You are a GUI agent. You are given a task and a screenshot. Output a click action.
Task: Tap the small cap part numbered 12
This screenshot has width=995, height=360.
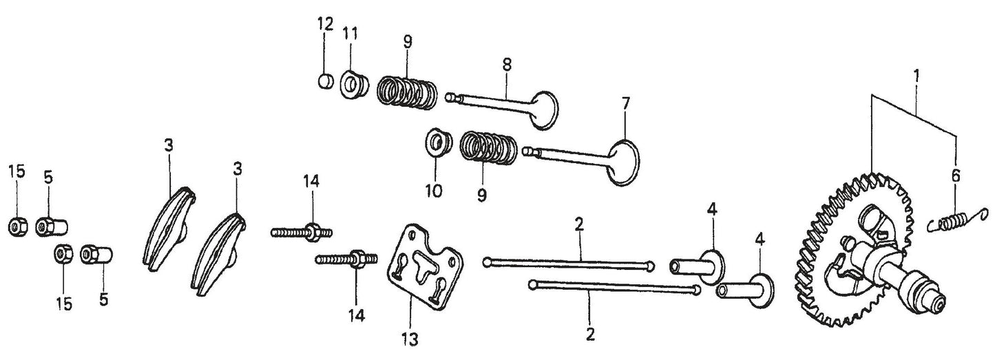(x=325, y=81)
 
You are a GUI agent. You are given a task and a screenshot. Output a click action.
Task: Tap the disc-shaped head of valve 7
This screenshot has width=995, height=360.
(x=624, y=162)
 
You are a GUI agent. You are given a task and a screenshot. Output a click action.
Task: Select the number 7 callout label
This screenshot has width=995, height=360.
(x=625, y=104)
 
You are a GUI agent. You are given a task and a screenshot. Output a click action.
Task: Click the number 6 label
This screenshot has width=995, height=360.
(x=955, y=176)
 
